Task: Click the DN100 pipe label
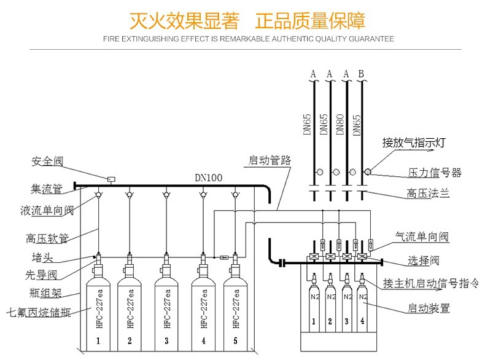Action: (x=208, y=178)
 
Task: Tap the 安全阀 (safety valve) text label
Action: (x=48, y=162)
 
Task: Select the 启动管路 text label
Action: (x=269, y=161)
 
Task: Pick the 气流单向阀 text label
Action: (x=422, y=237)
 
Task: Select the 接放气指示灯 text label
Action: (x=413, y=143)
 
